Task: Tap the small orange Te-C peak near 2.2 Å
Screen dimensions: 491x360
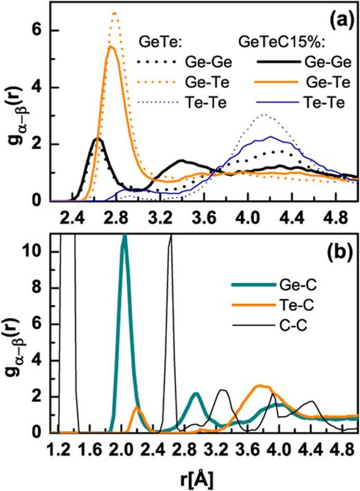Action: (x=137, y=409)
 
